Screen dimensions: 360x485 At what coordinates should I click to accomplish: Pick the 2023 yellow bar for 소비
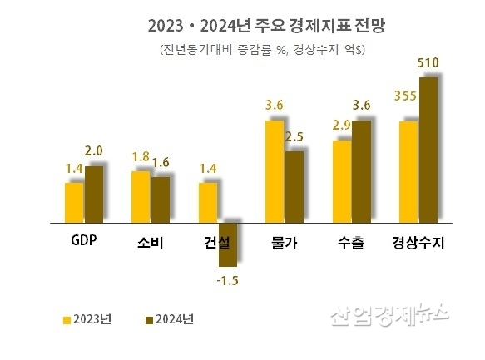click(141, 197)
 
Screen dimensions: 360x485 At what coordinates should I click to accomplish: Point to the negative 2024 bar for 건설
click(227, 244)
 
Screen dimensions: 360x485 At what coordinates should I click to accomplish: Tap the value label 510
click(428, 63)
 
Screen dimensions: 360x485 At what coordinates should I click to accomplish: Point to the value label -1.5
click(227, 281)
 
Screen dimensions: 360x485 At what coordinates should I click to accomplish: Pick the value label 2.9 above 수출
click(341, 125)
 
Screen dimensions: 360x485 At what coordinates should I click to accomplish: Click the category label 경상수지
click(418, 244)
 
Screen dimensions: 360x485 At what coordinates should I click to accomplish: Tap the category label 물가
click(285, 244)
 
